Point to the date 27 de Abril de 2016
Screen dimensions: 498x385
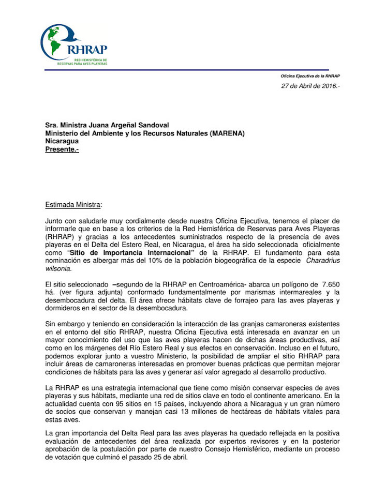pos(310,86)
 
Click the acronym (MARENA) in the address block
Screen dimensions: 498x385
pos(227,133)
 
